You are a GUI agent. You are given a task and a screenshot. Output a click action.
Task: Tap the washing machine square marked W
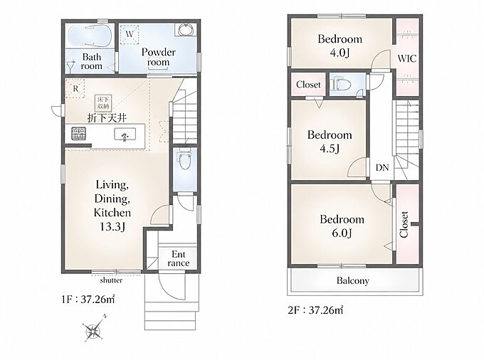pyautogui.click(x=130, y=33)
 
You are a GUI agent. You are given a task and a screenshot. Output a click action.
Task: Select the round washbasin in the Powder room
pyautogui.click(x=185, y=30)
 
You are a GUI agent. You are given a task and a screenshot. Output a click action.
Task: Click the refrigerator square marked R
pyautogui.click(x=75, y=88)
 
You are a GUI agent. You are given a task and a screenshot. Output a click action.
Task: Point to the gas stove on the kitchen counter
pyautogui.click(x=79, y=134)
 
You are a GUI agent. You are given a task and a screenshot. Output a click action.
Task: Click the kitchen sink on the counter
pyautogui.click(x=125, y=135)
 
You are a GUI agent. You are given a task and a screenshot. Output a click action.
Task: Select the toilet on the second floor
pyautogui.click(x=341, y=84)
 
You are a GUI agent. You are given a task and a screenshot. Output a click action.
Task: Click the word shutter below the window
pyautogui.click(x=111, y=280)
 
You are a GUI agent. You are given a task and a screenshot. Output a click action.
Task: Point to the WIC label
pyautogui.click(x=407, y=58)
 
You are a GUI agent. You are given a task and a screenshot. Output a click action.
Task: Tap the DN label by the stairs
pyautogui.click(x=382, y=167)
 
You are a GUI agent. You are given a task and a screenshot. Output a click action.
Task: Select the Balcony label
pyautogui.click(x=353, y=281)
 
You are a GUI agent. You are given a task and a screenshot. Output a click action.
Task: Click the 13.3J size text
pyautogui.click(x=112, y=227)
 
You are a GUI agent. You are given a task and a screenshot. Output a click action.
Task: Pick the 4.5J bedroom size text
pyautogui.click(x=330, y=149)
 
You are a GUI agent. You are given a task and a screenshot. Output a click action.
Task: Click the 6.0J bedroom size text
pyautogui.click(x=342, y=233)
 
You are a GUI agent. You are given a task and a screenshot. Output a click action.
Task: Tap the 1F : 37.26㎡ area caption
pyautogui.click(x=88, y=299)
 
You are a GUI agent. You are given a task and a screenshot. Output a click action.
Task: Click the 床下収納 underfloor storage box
pyautogui.click(x=103, y=102)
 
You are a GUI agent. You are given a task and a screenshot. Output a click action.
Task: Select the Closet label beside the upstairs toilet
pyautogui.click(x=308, y=84)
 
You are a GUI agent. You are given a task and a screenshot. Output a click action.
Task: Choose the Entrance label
pyautogui.click(x=179, y=258)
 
